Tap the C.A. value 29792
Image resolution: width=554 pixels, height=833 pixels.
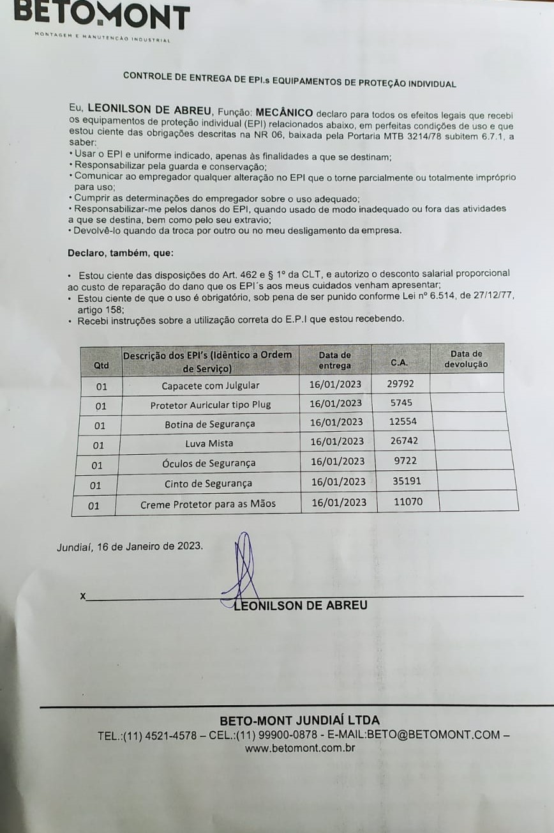400,383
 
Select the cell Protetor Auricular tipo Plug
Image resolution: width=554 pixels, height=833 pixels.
210,405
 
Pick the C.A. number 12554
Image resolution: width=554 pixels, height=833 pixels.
403,422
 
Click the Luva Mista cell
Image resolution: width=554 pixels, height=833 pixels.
209,443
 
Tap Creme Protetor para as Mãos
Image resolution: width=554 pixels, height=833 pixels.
208,503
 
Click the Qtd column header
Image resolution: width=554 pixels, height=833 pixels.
101,365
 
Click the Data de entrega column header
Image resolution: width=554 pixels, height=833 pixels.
335,360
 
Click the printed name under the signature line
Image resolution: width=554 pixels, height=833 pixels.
301,605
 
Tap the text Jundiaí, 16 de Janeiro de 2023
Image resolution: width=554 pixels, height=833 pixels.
130,547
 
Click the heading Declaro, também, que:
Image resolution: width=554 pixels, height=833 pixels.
121,252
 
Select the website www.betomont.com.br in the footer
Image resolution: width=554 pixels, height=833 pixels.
300,748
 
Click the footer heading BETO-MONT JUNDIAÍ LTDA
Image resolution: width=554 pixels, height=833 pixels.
299,720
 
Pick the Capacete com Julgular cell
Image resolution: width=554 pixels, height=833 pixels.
210,385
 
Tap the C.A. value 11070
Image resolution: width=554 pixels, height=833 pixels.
408,501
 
